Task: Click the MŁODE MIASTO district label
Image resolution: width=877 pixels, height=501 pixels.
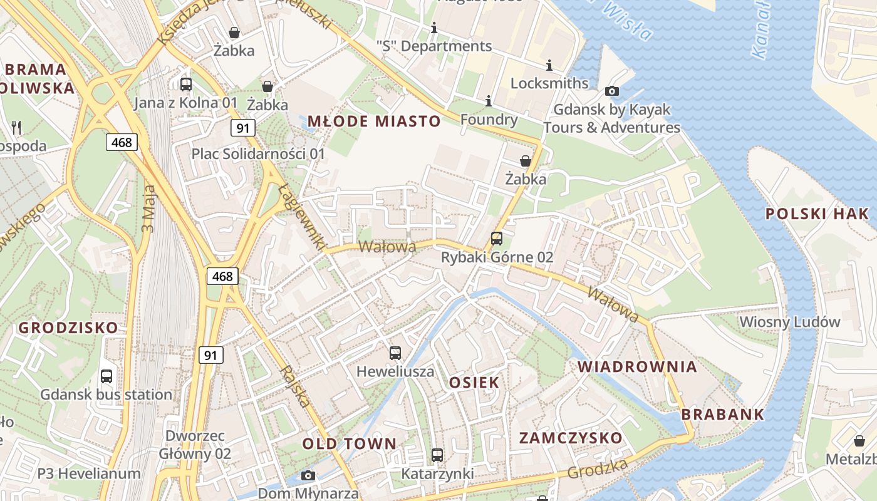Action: pos(374,121)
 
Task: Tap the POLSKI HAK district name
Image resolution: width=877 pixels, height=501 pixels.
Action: pos(817,214)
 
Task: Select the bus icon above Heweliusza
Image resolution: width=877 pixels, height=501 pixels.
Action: pos(395,353)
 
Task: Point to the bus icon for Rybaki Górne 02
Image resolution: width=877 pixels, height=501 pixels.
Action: pos(497,239)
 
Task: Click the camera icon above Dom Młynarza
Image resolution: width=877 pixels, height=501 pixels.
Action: pos(308,475)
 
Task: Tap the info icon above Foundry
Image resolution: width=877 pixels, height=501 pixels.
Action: pos(489,101)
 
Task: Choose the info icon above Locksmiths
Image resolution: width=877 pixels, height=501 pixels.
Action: pos(549,65)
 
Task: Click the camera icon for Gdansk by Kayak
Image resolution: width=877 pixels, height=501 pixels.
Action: pos(612,91)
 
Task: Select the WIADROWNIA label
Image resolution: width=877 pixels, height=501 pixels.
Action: pos(637,366)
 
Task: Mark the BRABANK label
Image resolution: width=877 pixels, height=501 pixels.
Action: pos(723,414)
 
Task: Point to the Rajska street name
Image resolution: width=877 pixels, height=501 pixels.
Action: pos(295,386)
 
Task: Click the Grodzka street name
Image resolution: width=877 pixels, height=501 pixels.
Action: pos(598,468)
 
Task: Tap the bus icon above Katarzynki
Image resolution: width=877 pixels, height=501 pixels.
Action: pos(437,455)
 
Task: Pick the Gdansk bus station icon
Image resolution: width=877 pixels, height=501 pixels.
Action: pos(106,376)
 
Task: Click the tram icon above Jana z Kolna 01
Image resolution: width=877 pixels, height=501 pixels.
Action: pos(186,85)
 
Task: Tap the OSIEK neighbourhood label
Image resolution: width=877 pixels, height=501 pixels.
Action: pos(474,382)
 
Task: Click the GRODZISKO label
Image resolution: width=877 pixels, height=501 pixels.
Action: pos(68,328)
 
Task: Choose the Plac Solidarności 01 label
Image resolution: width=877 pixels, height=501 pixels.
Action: pos(258,153)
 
